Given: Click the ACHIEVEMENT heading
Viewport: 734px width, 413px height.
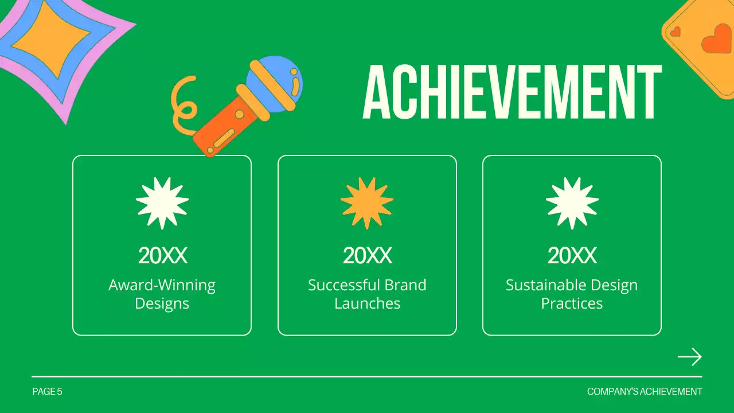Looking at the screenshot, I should (x=512, y=92).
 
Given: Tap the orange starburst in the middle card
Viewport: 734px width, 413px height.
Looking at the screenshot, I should (x=367, y=202).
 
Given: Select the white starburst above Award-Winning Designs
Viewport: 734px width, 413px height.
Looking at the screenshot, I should (x=162, y=202).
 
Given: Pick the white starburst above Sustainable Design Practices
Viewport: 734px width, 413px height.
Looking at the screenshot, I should (x=572, y=202).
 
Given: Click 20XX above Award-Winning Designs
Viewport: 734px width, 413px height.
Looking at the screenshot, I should (x=162, y=256).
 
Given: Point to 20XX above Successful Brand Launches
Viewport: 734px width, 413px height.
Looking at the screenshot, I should (x=367, y=256).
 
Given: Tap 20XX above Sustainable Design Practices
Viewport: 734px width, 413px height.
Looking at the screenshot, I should (x=572, y=256).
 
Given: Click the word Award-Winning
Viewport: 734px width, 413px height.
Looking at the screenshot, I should (x=162, y=285).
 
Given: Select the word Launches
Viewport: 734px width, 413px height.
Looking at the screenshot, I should (x=367, y=303).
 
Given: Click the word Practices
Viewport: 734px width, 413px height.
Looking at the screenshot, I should (x=572, y=303).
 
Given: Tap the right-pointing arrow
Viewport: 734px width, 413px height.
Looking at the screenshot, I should (x=689, y=357).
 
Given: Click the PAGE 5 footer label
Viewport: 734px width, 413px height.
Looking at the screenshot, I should (x=47, y=392).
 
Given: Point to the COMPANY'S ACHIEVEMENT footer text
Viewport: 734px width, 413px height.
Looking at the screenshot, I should (x=645, y=392).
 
